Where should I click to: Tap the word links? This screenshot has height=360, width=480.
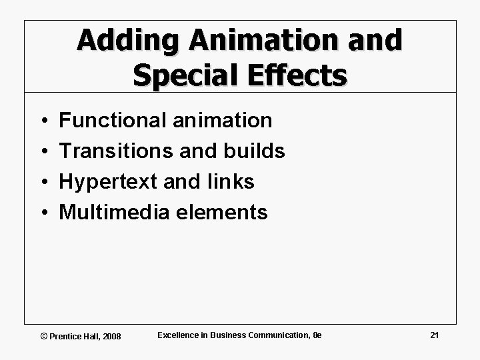pyautogui.click(x=231, y=182)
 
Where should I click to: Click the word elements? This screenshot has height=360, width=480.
pyautogui.click(x=222, y=213)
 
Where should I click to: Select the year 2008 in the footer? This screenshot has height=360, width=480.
pyautogui.click(x=111, y=335)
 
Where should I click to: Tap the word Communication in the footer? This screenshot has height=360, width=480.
pyautogui.click(x=283, y=335)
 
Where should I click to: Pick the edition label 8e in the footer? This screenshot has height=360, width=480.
pyautogui.click(x=317, y=335)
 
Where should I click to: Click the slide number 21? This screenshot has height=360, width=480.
pyautogui.click(x=434, y=335)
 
